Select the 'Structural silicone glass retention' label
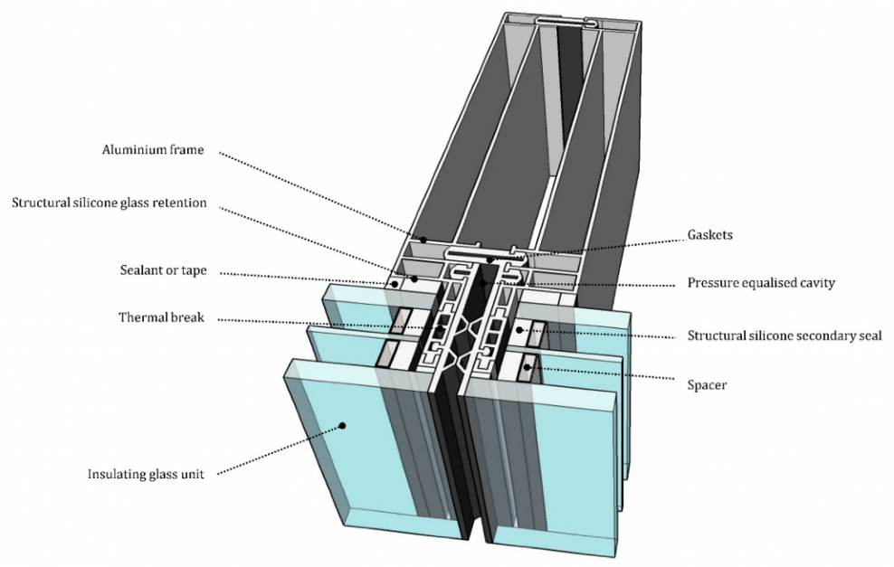109,203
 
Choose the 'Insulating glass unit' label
146,474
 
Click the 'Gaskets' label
709,235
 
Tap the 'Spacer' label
708,385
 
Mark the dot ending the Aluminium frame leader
423,241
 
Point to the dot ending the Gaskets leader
490,260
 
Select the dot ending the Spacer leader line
528,367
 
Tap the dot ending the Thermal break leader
441,328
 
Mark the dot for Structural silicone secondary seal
519,330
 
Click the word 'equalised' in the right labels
764,283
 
